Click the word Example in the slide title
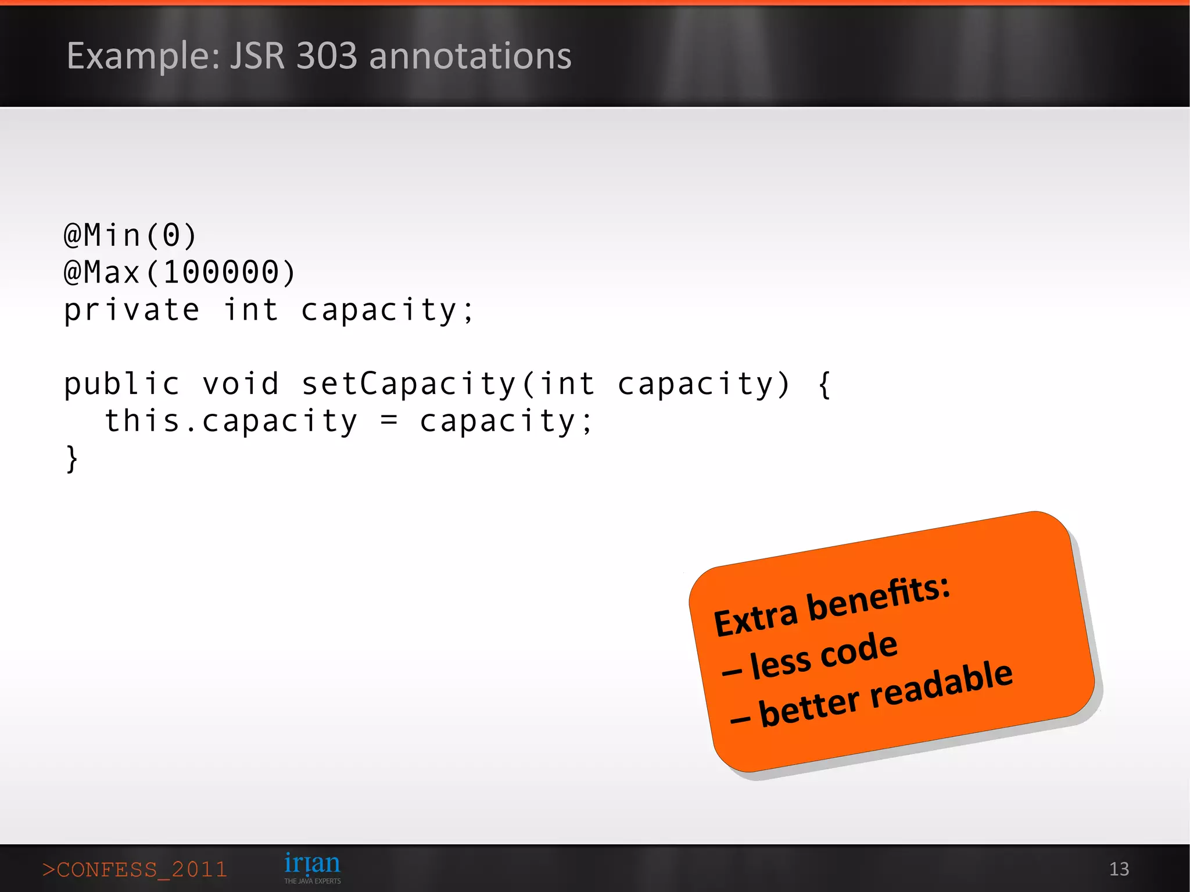(x=142, y=56)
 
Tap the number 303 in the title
(x=327, y=56)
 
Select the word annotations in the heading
(x=470, y=56)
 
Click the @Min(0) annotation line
(x=130, y=235)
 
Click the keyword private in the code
(x=131, y=310)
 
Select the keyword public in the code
(x=121, y=384)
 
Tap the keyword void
(x=241, y=384)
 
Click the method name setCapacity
(x=408, y=384)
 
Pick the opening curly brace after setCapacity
(x=824, y=384)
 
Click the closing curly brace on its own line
(x=71, y=459)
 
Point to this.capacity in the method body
(x=231, y=421)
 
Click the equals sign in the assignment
(x=389, y=421)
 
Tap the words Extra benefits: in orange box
(x=831, y=605)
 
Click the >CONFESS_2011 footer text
(x=135, y=869)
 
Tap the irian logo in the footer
(x=312, y=864)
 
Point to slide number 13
(x=1119, y=869)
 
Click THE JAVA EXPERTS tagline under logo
(x=312, y=881)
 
